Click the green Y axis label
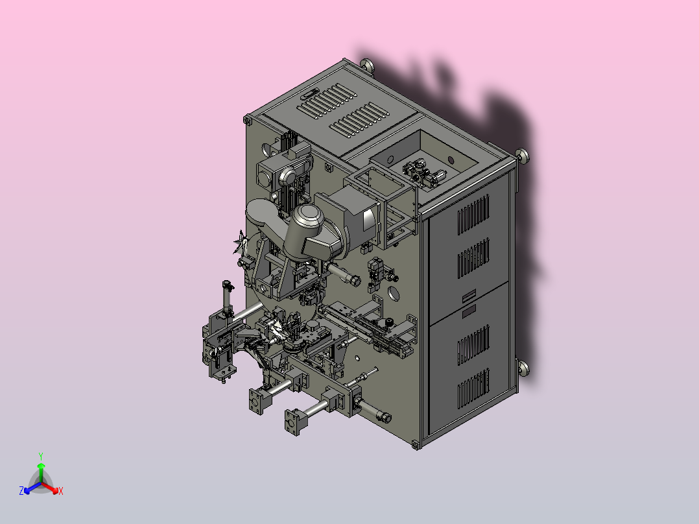point(41,456)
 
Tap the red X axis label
point(61,491)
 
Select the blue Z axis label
point(21,491)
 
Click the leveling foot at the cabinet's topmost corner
point(368,65)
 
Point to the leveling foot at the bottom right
point(523,368)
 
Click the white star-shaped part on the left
point(241,242)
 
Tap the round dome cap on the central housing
point(311,216)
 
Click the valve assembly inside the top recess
point(423,173)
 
